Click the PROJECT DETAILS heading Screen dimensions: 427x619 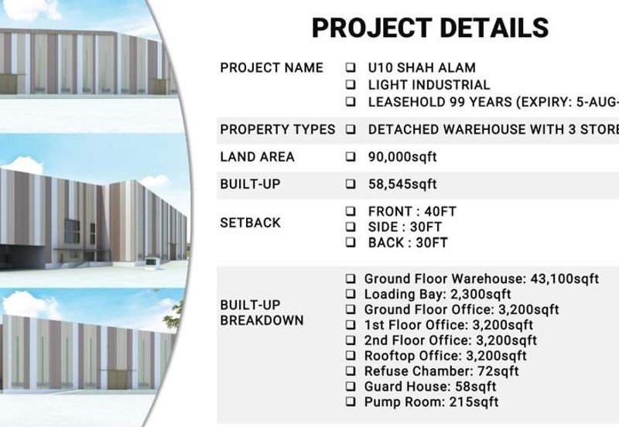[x=429, y=27]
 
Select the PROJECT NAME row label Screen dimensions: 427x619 [x=272, y=67]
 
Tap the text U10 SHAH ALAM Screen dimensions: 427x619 [x=422, y=68]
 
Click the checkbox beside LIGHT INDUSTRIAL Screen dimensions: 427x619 [x=351, y=85]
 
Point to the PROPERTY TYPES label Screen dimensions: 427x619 [x=278, y=129]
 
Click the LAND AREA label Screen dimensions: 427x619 [x=257, y=156]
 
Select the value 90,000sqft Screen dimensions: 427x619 [x=402, y=157]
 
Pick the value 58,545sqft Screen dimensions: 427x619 [x=402, y=184]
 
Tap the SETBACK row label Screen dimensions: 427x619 [x=250, y=223]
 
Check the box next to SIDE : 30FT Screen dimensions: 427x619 [x=351, y=227]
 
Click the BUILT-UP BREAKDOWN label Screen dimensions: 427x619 [x=262, y=313]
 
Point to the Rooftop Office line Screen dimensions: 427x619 [x=445, y=356]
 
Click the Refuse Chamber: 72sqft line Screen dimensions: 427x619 [x=441, y=371]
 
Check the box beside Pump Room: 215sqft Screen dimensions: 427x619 [x=351, y=402]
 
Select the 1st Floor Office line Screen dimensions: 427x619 [x=449, y=325]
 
